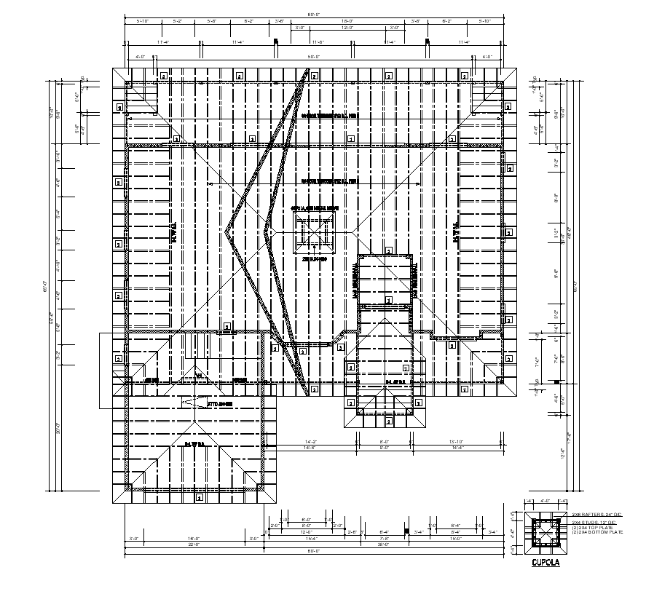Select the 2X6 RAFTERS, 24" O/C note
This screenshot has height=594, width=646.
[x=594, y=515]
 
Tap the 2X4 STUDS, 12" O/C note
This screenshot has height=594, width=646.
[x=594, y=523]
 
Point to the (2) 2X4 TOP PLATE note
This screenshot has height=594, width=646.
[x=592, y=528]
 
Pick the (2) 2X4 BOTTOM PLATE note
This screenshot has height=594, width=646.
[x=597, y=533]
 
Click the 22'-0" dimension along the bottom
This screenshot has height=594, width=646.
[x=194, y=544]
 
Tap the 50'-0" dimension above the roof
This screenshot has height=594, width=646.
[x=313, y=56]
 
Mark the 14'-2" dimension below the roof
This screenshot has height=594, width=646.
[x=310, y=441]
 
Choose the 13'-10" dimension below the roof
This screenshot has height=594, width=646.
[x=457, y=441]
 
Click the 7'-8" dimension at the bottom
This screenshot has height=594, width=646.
[x=385, y=539]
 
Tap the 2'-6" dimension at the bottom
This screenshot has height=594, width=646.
[x=352, y=532]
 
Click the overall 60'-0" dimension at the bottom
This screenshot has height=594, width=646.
[x=313, y=551]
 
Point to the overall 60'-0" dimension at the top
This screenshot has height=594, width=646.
[x=313, y=14]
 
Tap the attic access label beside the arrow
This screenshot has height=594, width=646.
[x=219, y=403]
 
